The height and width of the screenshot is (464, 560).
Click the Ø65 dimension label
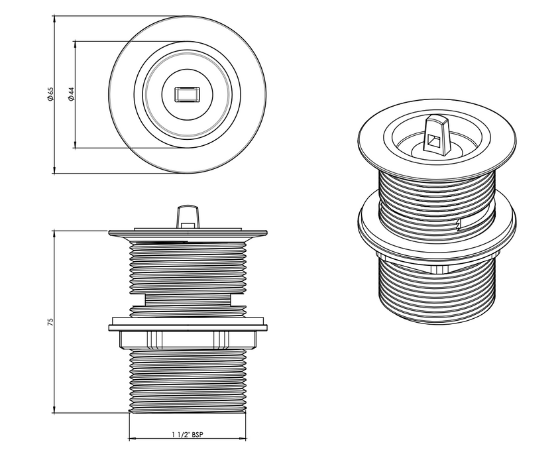50,94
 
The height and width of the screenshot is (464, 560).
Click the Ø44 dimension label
71,94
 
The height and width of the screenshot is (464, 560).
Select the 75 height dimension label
50,322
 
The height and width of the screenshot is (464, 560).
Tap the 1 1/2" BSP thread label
188,434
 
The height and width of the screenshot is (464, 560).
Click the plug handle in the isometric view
437,135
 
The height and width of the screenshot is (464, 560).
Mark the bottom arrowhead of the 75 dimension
54,410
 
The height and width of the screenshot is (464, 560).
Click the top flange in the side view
188,233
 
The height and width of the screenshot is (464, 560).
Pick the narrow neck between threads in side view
188,300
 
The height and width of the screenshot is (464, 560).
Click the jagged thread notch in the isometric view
458,224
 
